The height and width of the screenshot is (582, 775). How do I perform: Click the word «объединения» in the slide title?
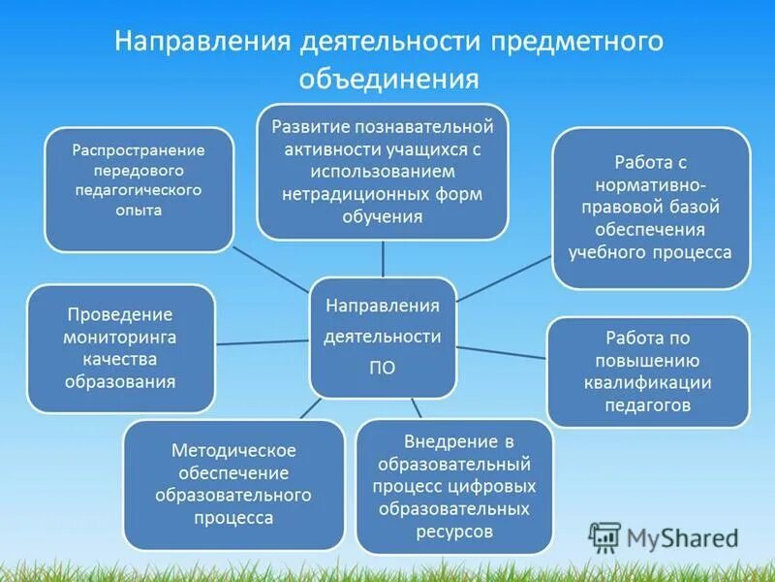[x=387, y=78]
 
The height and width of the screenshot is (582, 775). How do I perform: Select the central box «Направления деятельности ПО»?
[x=383, y=336]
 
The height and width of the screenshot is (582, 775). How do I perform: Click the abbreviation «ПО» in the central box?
[x=383, y=368]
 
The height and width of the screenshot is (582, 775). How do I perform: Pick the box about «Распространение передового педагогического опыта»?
[x=139, y=189]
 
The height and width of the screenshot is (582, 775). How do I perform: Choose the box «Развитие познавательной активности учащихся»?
[x=383, y=171]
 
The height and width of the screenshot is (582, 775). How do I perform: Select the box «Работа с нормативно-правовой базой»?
[x=651, y=207]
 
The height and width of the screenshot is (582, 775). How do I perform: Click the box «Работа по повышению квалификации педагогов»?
[x=647, y=372]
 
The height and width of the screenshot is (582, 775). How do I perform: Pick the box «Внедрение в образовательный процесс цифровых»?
[x=454, y=486]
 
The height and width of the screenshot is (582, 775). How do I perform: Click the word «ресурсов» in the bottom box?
[x=454, y=532]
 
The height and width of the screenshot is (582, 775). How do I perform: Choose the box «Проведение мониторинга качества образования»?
[x=120, y=348]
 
